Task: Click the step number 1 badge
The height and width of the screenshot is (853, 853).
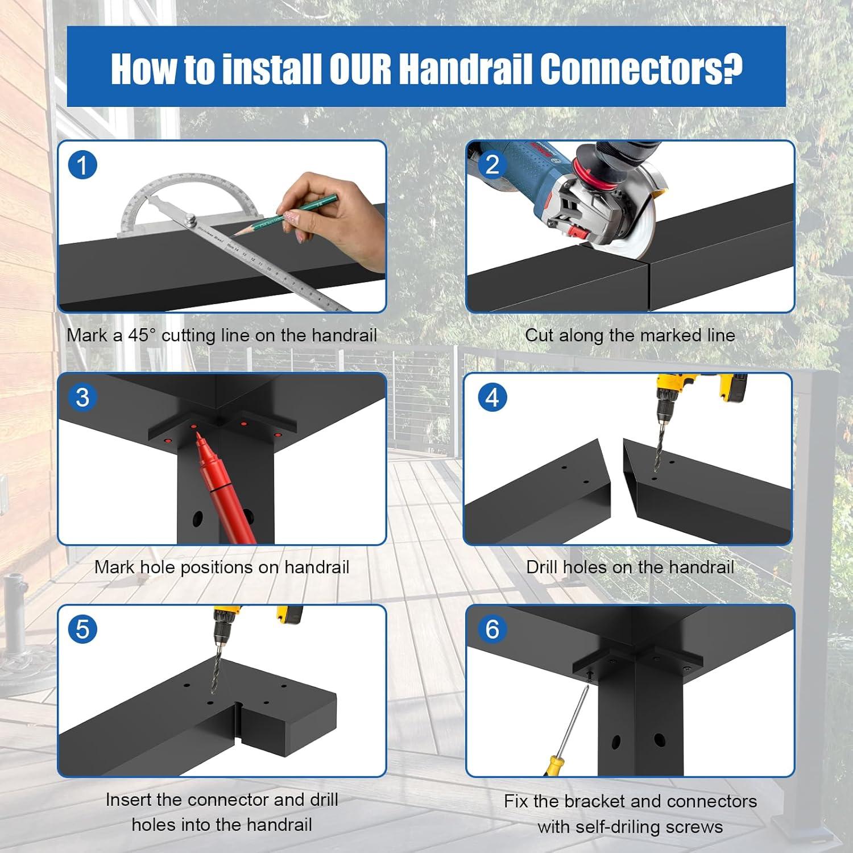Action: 82,165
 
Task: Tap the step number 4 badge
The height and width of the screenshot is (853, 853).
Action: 492,397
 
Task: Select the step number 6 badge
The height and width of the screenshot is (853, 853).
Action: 492,630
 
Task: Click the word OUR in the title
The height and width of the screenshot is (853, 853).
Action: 360,69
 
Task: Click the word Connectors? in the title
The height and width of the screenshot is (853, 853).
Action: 641,69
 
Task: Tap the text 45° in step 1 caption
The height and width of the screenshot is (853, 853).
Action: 142,335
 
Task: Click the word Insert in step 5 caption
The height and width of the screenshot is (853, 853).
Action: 129,800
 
